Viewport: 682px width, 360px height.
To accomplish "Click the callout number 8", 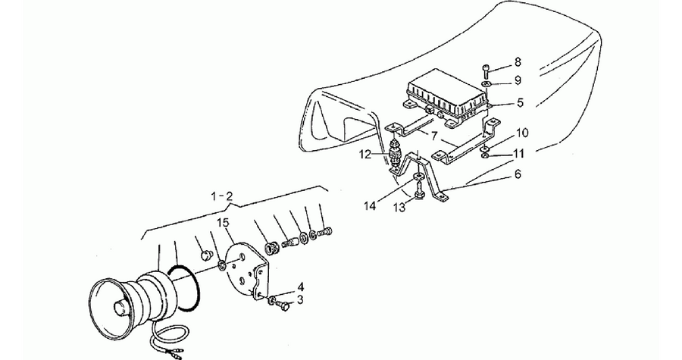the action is click(517, 61).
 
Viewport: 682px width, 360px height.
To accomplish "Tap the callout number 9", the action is click(517, 80).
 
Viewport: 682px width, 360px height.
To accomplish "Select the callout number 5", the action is click(520, 103).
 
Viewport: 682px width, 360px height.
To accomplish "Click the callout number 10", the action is click(522, 133).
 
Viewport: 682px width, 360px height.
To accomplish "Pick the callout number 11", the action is click(518, 154).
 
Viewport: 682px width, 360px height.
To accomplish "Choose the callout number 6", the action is click(517, 174).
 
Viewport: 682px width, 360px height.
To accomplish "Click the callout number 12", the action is click(365, 154).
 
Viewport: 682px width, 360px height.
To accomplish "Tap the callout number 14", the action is click(370, 205).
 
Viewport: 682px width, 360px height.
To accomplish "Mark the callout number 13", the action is click(399, 208).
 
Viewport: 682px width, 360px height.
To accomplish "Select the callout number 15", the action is click(223, 223).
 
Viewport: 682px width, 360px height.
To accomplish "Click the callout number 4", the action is click(301, 287).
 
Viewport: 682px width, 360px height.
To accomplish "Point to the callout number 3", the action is click(300, 299).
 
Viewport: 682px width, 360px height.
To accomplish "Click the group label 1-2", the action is click(222, 196).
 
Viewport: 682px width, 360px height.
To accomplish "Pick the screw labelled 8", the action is click(486, 71).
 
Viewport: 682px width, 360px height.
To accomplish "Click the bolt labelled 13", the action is click(419, 192).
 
